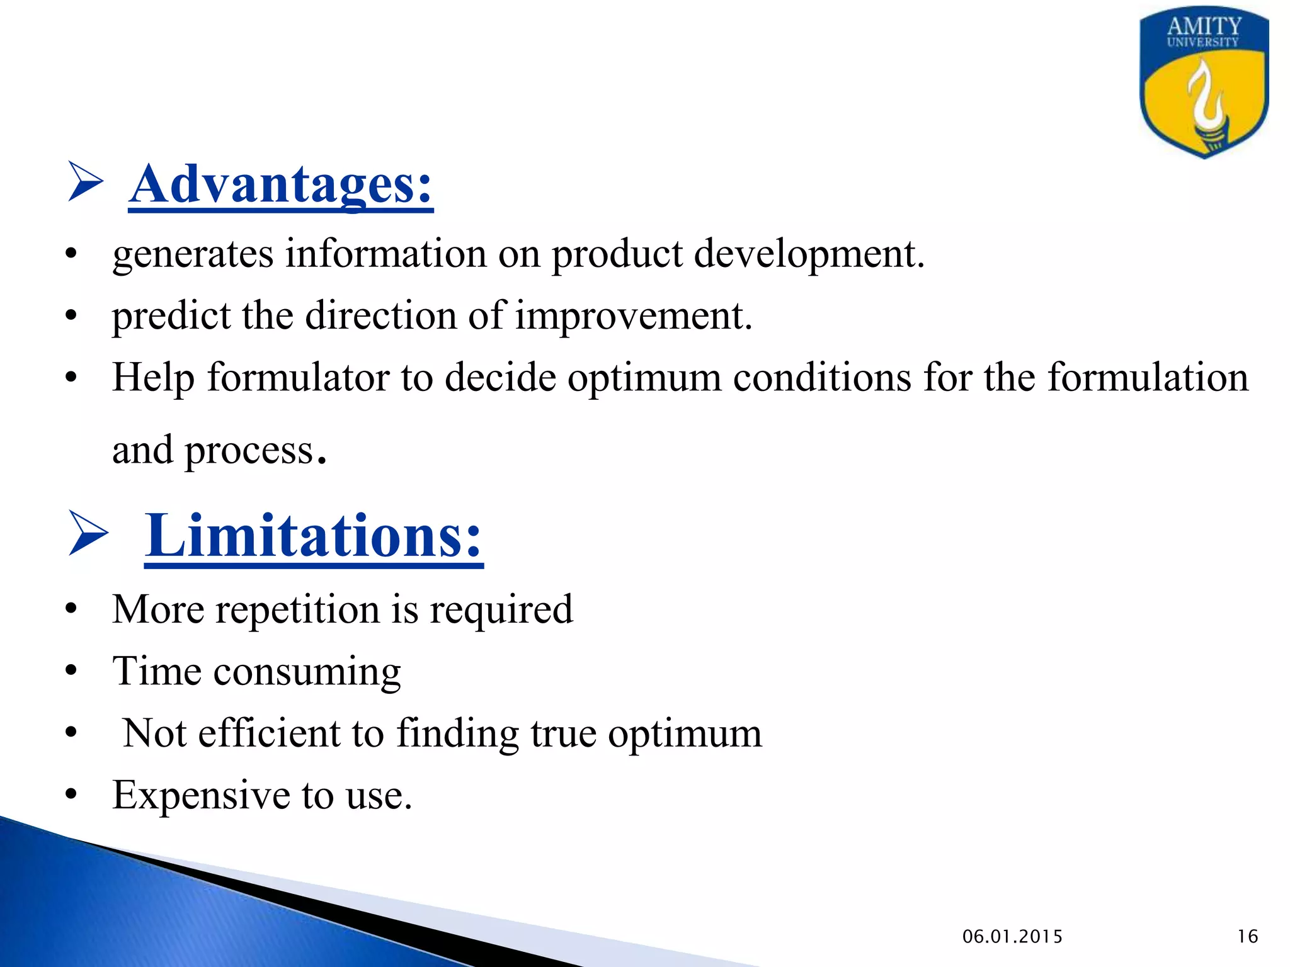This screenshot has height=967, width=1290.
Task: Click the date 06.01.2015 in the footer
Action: [1012, 937]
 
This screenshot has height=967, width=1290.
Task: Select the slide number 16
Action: [1247, 937]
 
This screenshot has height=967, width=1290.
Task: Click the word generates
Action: [193, 255]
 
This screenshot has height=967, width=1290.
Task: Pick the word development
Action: [809, 255]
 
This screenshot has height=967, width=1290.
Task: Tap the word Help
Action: [153, 378]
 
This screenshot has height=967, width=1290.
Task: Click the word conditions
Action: [822, 378]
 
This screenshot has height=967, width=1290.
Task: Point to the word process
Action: [249, 451]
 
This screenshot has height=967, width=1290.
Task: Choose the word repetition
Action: [297, 610]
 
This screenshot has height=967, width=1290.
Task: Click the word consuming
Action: [307, 672]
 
